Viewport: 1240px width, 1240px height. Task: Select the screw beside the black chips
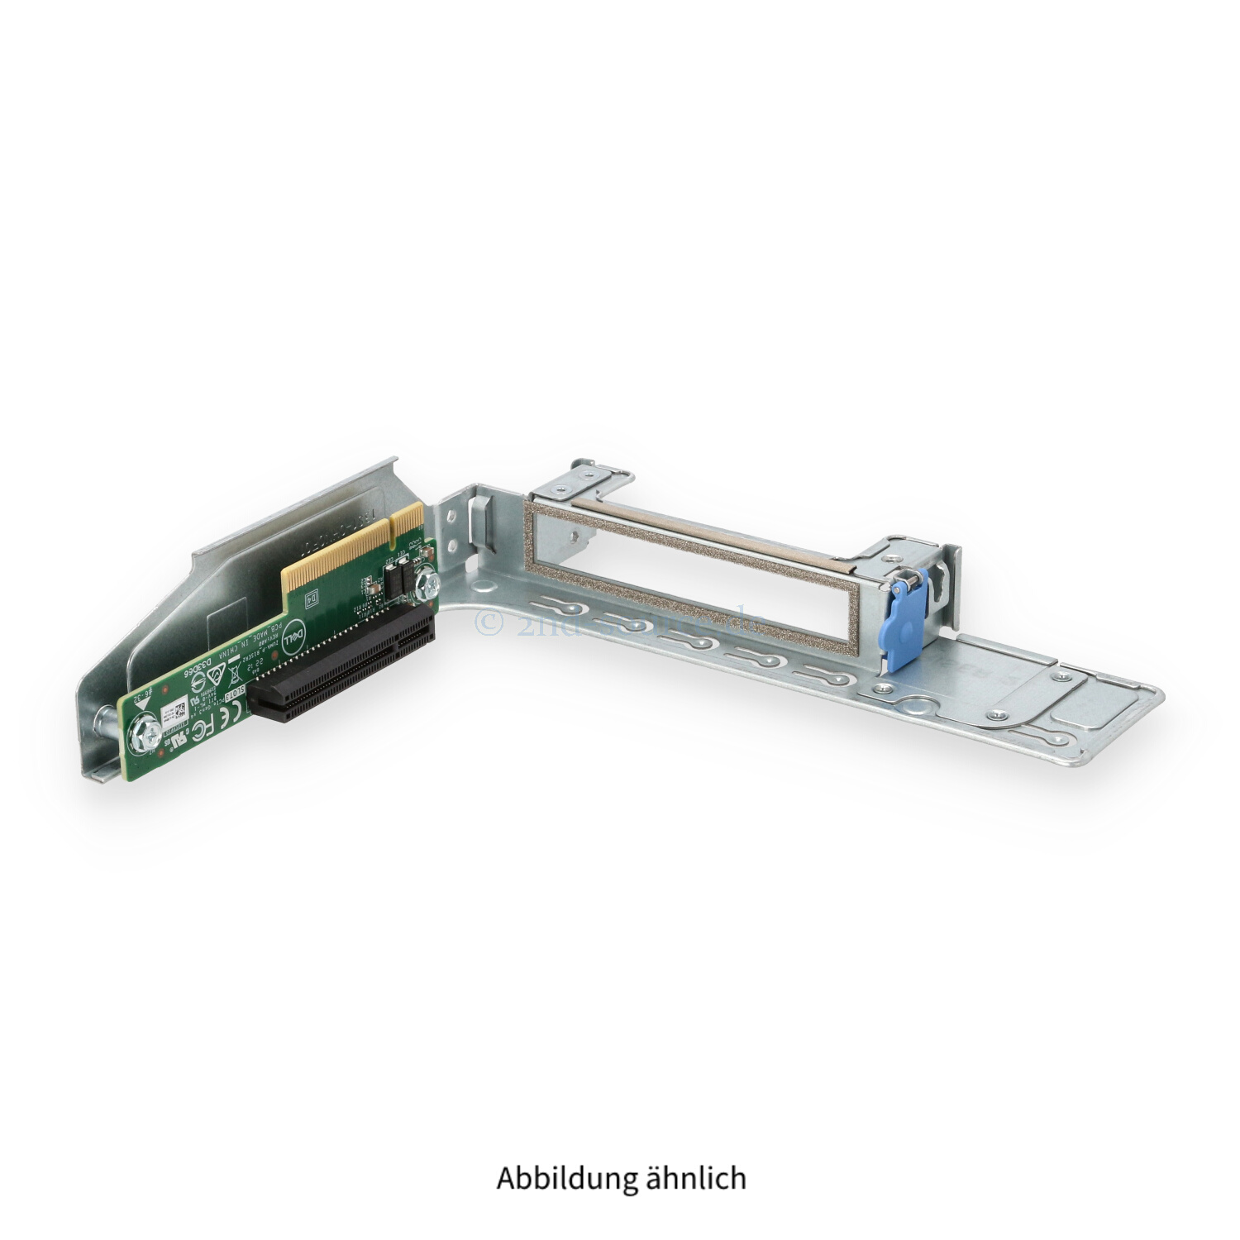pyautogui.click(x=427, y=585)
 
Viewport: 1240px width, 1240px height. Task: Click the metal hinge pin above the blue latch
pyautogui.click(x=904, y=584)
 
